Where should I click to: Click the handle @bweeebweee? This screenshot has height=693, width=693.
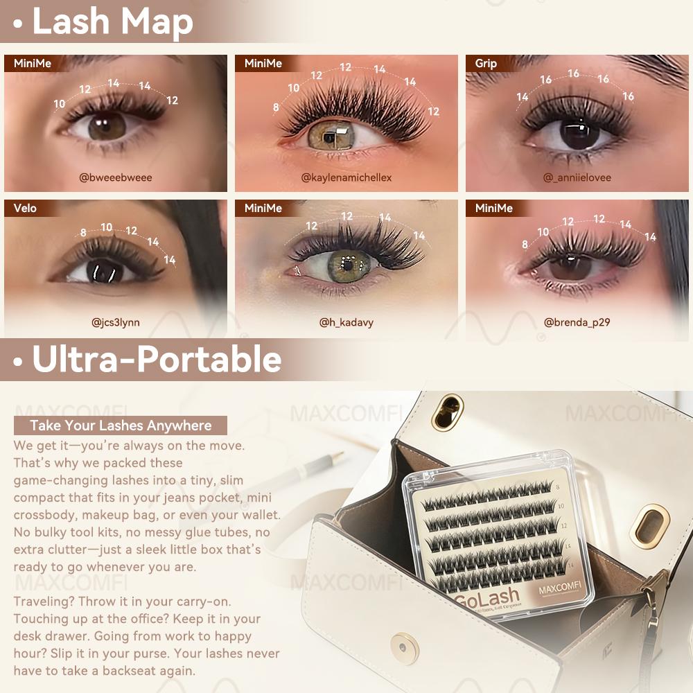tap(116, 177)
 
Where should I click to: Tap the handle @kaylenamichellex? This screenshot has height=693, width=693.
tap(346, 177)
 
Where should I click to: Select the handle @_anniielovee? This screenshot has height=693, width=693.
tap(577, 177)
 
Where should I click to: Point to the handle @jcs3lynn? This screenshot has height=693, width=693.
tap(116, 322)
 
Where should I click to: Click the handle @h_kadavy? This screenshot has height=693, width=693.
tap(346, 322)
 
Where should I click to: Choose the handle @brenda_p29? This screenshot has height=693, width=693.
tap(577, 322)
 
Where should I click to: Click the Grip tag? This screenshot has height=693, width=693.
tap(486, 64)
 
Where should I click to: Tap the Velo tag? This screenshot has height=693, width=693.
tap(25, 209)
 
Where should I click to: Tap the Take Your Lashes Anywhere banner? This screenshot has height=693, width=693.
tap(121, 426)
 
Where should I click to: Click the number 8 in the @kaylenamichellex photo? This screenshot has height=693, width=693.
tap(276, 107)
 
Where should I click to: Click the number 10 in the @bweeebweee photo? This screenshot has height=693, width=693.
tap(60, 104)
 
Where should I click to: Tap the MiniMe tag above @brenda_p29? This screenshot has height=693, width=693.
tap(494, 209)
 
